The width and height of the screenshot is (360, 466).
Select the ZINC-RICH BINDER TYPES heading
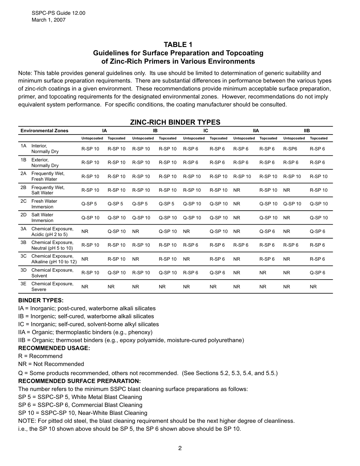pos(175,122)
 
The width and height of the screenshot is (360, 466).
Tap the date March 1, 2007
pos(49,20)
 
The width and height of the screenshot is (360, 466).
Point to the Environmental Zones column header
pos(44,131)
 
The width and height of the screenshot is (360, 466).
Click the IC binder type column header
pos(206,131)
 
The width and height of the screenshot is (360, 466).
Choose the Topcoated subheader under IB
pos(167,138)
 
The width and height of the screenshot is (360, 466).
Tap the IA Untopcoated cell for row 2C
pos(89,204)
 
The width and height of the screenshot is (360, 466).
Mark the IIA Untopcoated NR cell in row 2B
pos(237,190)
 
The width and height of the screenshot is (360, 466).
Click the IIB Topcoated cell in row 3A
pos(317,231)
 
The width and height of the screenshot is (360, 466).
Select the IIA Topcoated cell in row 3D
pos(263,273)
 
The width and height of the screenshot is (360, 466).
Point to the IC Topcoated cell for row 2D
pos(219,218)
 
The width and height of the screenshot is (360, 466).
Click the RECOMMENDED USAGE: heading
pos(54,348)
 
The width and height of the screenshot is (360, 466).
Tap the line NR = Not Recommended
pos(51,364)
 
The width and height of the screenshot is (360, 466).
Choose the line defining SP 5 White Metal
pos(80,397)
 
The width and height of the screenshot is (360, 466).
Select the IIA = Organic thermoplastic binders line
pos(85,332)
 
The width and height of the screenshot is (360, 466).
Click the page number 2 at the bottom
pos(180,448)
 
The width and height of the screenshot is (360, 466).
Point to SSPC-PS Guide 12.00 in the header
pos(58,13)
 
